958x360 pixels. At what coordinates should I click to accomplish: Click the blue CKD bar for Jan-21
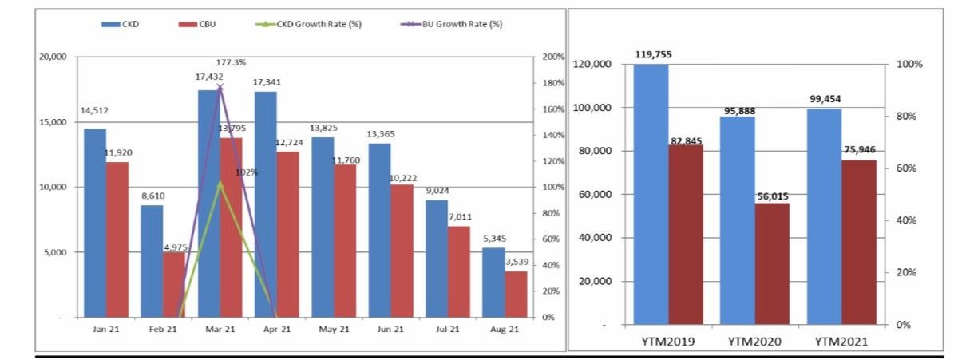(94, 223)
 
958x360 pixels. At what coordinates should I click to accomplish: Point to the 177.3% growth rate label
(231, 61)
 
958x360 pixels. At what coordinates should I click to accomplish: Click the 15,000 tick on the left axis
(56, 122)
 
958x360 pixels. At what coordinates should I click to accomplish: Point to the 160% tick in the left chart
(553, 109)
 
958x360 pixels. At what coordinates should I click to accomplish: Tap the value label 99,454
(824, 99)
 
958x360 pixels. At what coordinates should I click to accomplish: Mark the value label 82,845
(686, 140)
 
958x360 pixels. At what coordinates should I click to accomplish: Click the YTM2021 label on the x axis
(841, 341)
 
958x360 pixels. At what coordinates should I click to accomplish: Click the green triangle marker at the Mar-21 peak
(220, 184)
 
